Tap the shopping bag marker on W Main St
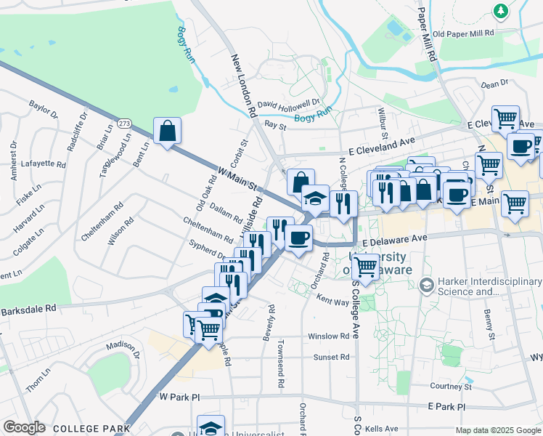click(x=167, y=132)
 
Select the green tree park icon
click(x=500, y=11)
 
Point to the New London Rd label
click(x=245, y=86)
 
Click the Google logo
click(x=24, y=427)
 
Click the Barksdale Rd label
click(x=28, y=308)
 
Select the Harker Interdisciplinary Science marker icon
click(x=425, y=283)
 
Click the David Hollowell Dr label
click(x=288, y=106)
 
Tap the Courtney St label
click(x=451, y=387)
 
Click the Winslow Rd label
click(x=328, y=336)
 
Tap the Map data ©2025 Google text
click(x=497, y=430)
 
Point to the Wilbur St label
click(x=381, y=122)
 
